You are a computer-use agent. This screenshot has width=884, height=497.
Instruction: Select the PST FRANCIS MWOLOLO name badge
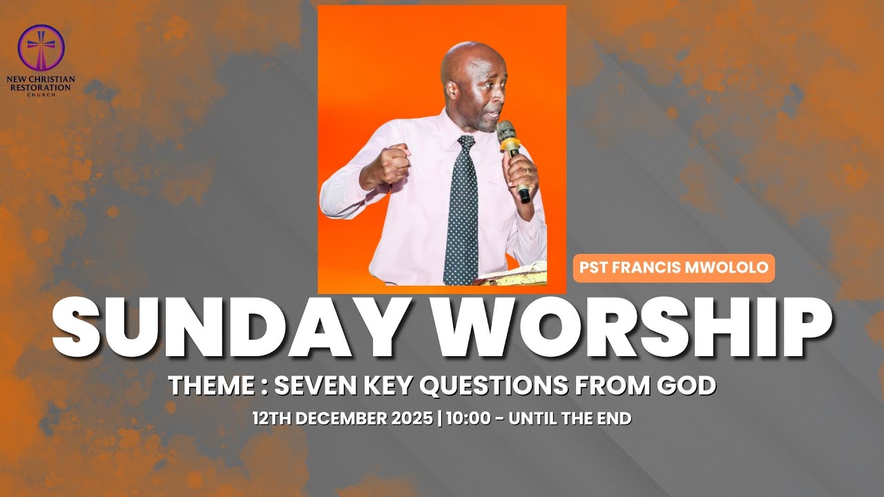click(673, 268)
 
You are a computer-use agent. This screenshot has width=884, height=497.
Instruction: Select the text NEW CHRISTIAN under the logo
click(41, 80)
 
